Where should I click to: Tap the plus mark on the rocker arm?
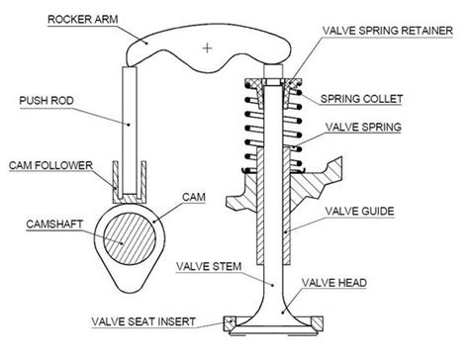206,46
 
